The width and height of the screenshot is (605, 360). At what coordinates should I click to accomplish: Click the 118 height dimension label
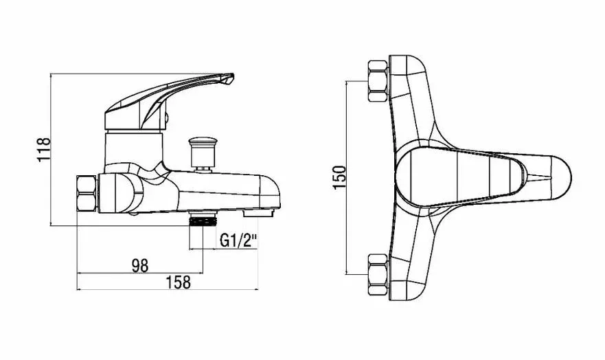(x=44, y=149)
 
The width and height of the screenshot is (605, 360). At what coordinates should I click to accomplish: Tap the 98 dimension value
(x=139, y=265)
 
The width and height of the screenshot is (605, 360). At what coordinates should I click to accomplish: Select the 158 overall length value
(x=179, y=282)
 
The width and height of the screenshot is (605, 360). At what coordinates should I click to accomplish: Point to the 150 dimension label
(x=339, y=177)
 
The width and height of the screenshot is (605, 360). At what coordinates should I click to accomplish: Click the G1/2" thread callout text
(x=238, y=240)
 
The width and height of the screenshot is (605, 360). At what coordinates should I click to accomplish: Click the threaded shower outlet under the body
(x=203, y=221)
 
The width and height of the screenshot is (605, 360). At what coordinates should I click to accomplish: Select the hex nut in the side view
(x=87, y=193)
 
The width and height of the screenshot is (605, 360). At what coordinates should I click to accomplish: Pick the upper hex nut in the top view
(x=378, y=81)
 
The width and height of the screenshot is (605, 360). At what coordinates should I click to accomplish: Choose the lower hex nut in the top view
(x=378, y=274)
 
